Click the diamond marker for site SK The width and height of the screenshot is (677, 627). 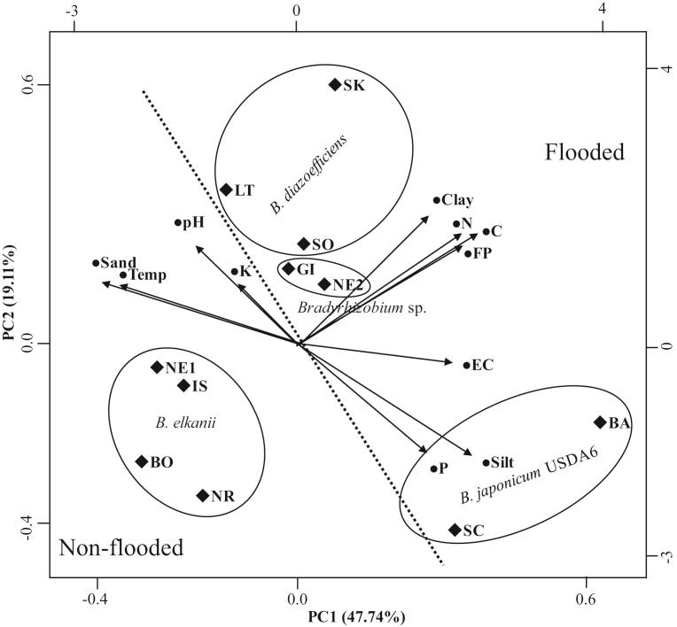click(335, 85)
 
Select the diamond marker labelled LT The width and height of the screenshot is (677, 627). click(226, 190)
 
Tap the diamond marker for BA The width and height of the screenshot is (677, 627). click(600, 422)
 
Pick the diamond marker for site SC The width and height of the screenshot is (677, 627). click(455, 530)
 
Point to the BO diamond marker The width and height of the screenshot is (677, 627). click(141, 461)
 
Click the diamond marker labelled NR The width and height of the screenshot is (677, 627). click(202, 496)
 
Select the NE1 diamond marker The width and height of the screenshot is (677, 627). click(157, 368)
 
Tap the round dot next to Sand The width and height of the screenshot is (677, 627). click(96, 263)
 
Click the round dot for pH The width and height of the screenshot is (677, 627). click(177, 223)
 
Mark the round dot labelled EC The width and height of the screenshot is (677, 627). click(466, 365)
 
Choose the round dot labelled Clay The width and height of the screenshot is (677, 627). click(436, 200)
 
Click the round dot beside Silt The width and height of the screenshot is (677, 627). click(486, 462)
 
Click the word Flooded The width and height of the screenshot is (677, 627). click(584, 152)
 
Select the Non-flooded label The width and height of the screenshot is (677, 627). click(121, 548)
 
